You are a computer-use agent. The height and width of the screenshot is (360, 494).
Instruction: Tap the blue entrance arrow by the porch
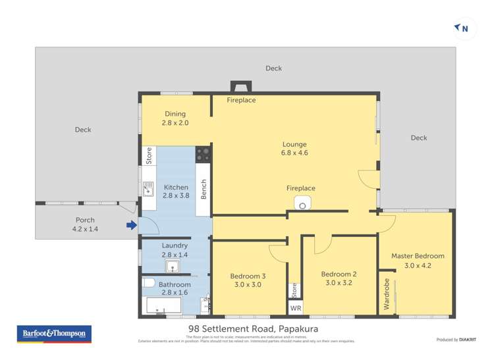(x=132, y=226)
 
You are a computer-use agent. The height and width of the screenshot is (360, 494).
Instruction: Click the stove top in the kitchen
(x=202, y=155)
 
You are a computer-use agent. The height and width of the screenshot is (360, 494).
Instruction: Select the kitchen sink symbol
(x=148, y=189)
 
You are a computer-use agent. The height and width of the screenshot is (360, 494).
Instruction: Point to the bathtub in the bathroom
(x=163, y=305)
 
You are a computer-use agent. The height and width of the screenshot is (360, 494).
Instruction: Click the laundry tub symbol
(x=172, y=267)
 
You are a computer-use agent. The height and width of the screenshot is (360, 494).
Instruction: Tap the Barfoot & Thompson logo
(x=53, y=334)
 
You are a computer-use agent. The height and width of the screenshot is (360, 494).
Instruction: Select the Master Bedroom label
(x=418, y=256)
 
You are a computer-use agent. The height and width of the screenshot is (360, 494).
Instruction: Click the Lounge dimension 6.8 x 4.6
(x=294, y=153)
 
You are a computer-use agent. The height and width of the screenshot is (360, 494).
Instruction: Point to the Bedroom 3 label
(x=248, y=276)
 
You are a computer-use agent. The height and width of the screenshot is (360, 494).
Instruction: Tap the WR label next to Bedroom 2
(x=295, y=308)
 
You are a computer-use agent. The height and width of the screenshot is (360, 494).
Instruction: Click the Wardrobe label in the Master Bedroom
(x=387, y=294)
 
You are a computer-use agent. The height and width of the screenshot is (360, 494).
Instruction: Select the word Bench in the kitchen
(x=204, y=190)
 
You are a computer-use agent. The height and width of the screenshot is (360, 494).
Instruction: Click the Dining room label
(x=175, y=114)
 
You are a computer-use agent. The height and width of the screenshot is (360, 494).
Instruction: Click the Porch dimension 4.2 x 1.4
(x=85, y=229)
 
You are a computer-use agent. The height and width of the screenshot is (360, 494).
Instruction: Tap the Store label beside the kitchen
(x=149, y=155)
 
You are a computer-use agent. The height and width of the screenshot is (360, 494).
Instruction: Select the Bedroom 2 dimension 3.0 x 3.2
(x=339, y=283)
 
